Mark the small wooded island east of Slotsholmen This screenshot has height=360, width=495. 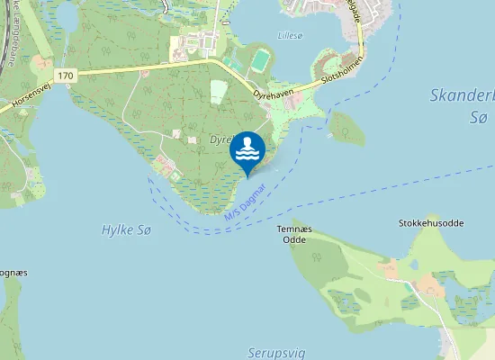click(x=347, y=128)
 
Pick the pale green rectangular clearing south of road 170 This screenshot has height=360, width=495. click(x=219, y=92)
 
